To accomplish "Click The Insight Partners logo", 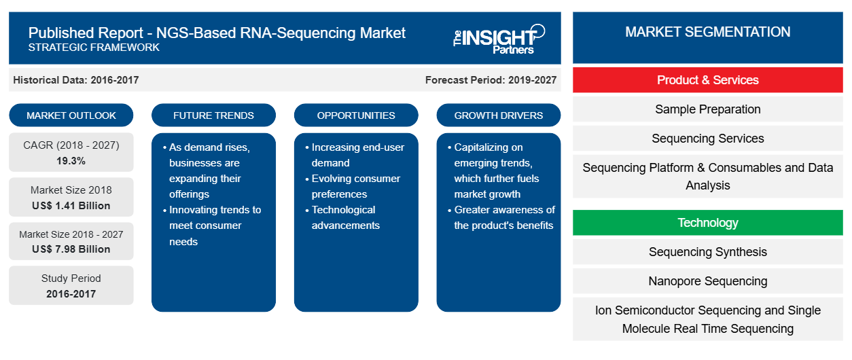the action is pos(499,39).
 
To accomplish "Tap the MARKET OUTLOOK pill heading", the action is pos(71,115).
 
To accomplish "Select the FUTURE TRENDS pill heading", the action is pos(213,115).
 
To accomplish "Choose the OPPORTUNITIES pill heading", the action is pos(356,115).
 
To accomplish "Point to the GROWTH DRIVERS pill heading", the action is pos(498,115).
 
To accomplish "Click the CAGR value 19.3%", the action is pos(71,161).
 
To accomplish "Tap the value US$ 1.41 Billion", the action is pos(71,206).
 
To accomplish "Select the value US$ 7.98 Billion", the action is pos(71,249).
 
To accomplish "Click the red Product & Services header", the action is pos(708,80).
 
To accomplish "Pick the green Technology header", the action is pos(708,222).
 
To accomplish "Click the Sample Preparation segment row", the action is pos(708,109).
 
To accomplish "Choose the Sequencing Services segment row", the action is pos(708,139).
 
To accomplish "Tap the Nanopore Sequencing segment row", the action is pos(708,281).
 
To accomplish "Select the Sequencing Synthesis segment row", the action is pos(708,251).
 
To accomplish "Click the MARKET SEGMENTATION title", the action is pos(708,32).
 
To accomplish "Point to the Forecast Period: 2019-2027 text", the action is pos(491,80).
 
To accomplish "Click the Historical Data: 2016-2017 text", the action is pos(76,80).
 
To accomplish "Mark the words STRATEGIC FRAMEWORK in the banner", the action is pos(94,48).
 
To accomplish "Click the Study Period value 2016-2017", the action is pos(71,294).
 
